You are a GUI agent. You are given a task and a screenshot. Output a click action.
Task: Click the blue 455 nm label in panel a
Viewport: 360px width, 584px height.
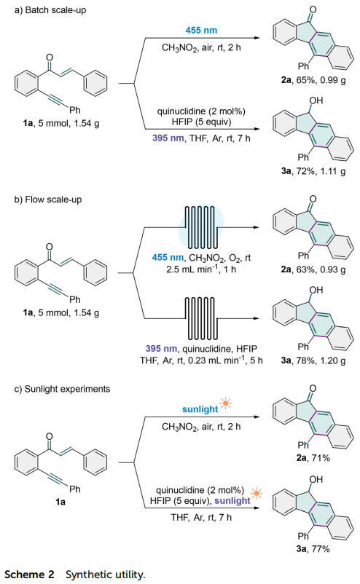click(201, 30)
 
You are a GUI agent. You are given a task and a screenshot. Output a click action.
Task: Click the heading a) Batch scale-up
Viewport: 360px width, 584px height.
click(50, 10)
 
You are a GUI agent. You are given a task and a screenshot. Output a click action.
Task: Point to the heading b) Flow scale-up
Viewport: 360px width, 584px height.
click(48, 200)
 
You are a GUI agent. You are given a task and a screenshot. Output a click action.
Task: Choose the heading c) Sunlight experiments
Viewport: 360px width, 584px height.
click(62, 389)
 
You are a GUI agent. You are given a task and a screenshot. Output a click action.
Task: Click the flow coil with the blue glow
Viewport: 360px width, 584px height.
click(201, 227)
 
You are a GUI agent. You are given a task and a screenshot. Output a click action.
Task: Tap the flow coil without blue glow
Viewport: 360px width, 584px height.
click(201, 318)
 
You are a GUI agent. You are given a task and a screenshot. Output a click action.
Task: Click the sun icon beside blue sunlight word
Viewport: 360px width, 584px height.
click(225, 403)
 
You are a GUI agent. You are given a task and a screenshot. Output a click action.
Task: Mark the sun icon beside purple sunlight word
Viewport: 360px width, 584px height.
click(257, 494)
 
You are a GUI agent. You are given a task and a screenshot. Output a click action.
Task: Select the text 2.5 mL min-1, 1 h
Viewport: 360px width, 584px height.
click(201, 269)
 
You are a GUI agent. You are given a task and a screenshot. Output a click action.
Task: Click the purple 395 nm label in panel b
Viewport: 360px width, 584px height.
click(161, 349)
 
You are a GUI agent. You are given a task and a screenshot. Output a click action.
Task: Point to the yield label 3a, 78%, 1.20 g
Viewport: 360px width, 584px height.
click(313, 360)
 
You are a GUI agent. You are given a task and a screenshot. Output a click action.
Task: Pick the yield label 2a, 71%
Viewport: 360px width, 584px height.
click(313, 458)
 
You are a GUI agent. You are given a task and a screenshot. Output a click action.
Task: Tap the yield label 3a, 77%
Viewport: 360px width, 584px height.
click(313, 548)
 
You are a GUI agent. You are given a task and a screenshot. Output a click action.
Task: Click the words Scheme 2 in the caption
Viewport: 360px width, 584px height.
click(29, 575)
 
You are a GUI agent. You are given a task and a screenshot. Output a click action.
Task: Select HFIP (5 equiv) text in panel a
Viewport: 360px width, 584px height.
click(201, 122)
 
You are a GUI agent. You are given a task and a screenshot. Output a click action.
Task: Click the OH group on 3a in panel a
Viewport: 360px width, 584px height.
click(316, 100)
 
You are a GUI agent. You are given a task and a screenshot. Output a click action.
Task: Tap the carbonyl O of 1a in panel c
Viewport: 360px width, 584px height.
click(50, 436)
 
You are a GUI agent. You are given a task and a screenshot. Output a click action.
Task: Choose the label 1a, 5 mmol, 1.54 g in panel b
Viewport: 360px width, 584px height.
click(60, 313)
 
